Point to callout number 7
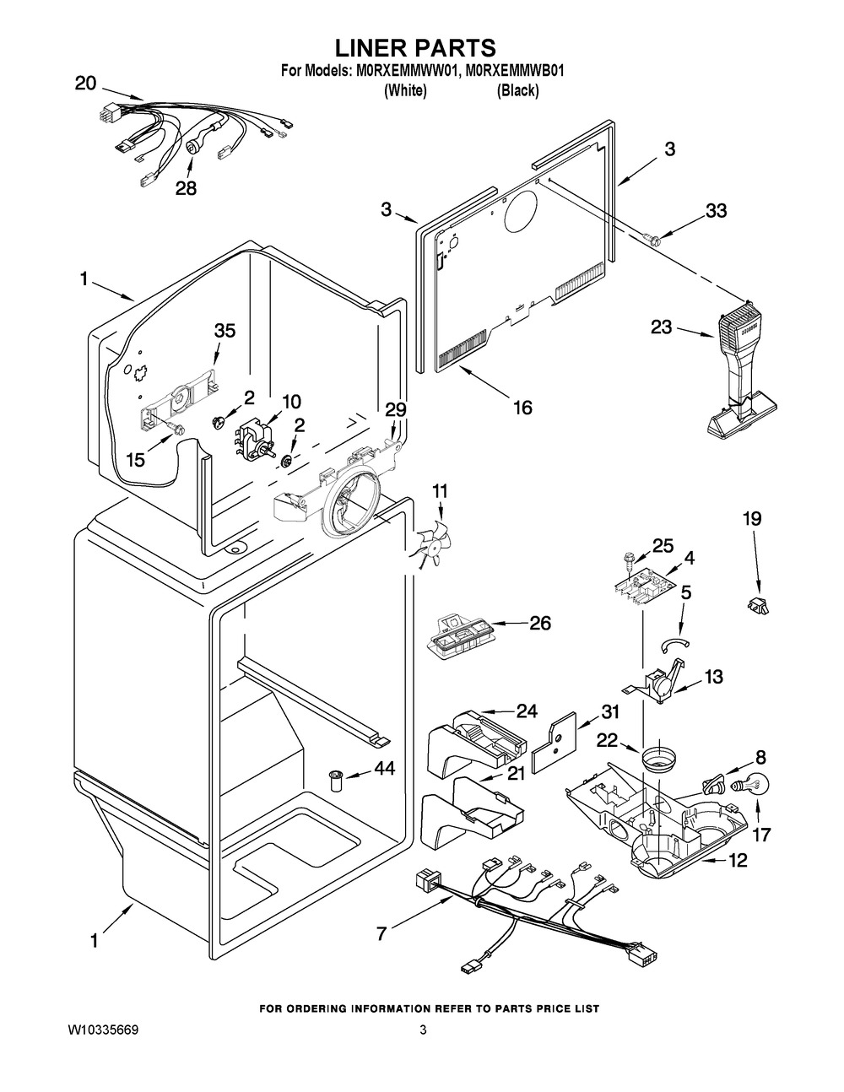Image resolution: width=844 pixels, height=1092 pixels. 382,934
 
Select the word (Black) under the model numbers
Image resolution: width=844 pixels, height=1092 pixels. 517,91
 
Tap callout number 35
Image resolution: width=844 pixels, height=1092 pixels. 225,331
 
